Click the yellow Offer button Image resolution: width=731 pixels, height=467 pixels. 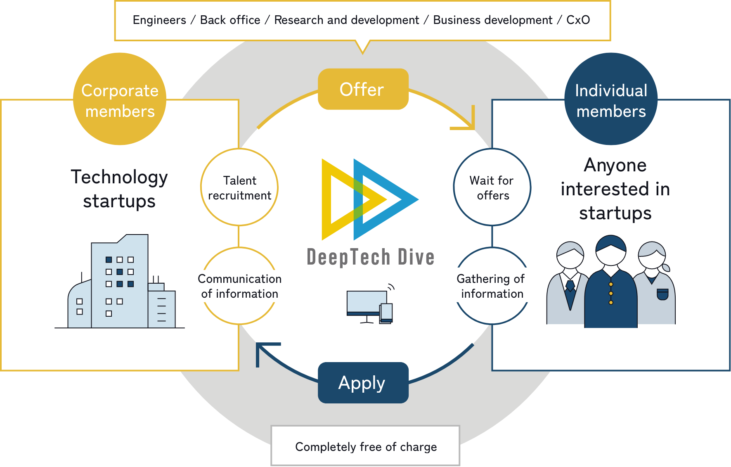tap(363, 89)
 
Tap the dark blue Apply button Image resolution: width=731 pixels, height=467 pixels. tap(363, 383)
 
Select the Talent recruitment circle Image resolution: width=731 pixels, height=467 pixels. tap(239, 187)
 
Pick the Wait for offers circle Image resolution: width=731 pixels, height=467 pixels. tap(492, 187)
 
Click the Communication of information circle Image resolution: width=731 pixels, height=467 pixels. tap(239, 286)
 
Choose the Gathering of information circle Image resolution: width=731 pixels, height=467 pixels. tap(492, 286)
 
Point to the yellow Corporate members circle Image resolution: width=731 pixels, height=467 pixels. tap(120, 99)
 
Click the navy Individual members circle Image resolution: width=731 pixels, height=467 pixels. tap(611, 99)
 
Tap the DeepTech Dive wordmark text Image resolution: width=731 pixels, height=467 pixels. tap(371, 257)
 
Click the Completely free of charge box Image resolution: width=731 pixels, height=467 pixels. tap(365, 446)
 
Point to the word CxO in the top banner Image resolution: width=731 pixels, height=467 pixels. tap(578, 20)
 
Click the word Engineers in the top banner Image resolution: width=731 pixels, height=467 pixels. tap(159, 20)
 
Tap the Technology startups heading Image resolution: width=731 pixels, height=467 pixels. tap(119, 189)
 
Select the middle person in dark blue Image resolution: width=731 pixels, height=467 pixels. tap(611, 285)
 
